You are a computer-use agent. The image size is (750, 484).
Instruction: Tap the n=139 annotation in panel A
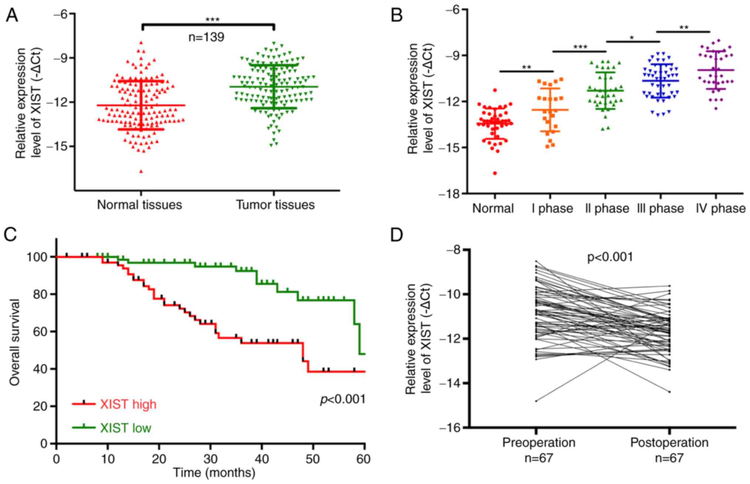click(x=206, y=37)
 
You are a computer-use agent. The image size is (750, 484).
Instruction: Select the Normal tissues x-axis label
click(x=140, y=205)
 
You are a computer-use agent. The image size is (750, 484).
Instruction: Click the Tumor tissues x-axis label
click(x=275, y=205)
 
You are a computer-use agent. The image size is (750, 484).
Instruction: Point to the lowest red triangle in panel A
click(x=141, y=171)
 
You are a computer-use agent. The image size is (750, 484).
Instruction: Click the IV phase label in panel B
click(x=720, y=208)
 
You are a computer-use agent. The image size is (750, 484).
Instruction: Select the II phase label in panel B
click(x=607, y=208)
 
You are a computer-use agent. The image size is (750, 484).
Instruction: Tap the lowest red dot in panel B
click(x=495, y=173)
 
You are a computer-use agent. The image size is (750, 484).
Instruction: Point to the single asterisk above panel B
click(x=632, y=38)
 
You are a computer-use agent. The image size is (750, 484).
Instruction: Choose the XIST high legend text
click(x=128, y=404)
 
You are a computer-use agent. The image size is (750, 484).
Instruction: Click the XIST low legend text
click(x=126, y=428)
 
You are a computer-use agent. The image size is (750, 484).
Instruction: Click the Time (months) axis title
click(x=214, y=473)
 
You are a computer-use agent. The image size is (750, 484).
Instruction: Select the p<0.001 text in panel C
click(x=343, y=399)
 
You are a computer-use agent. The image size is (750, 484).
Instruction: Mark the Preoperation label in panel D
click(x=539, y=442)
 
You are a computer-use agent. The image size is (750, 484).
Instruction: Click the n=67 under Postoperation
click(x=669, y=458)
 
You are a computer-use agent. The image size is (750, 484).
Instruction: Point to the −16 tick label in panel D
click(x=449, y=428)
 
